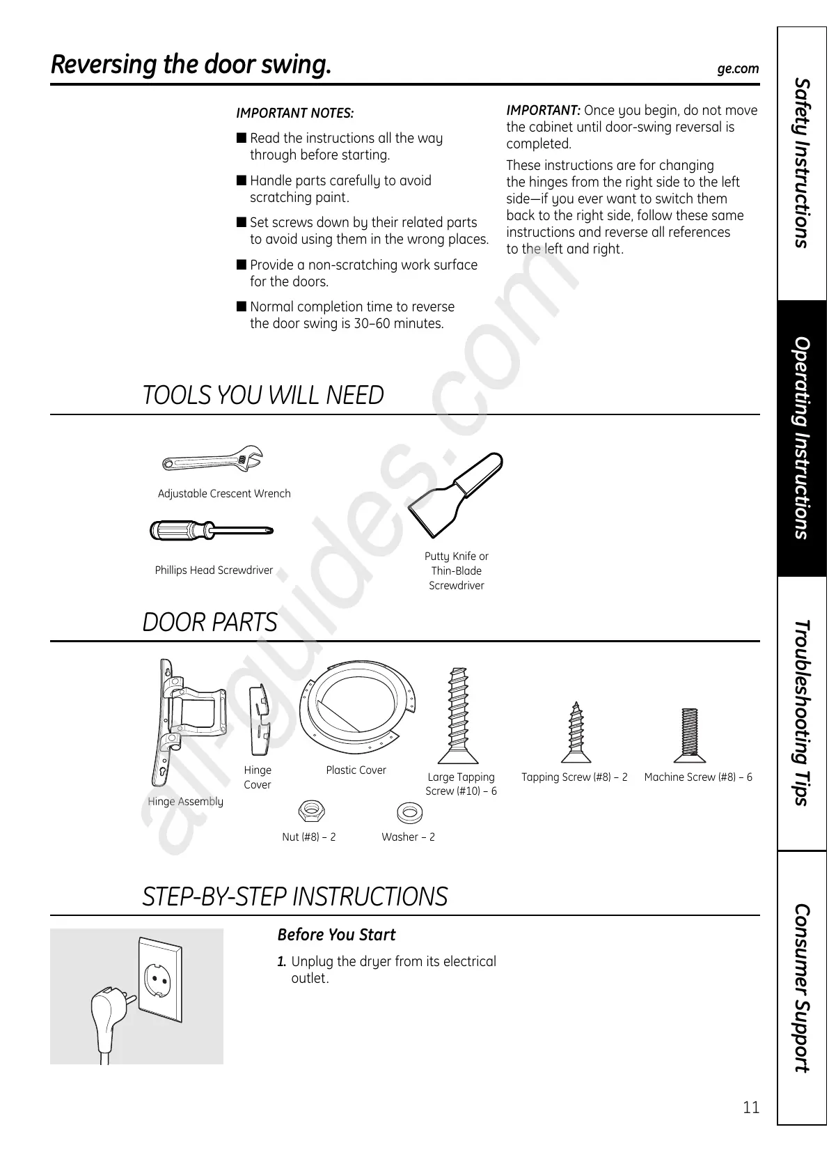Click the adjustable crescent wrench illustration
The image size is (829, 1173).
point(212,460)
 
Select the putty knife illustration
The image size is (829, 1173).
point(455,495)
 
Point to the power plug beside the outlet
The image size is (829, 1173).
point(106,1013)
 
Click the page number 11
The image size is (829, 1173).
point(751,1108)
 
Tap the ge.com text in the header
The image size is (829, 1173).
point(738,69)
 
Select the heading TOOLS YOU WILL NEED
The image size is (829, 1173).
point(263,396)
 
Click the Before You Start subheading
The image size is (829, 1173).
point(336,935)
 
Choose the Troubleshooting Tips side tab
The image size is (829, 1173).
point(803,713)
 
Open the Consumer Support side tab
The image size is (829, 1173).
point(803,988)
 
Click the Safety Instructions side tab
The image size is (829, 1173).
point(803,164)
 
